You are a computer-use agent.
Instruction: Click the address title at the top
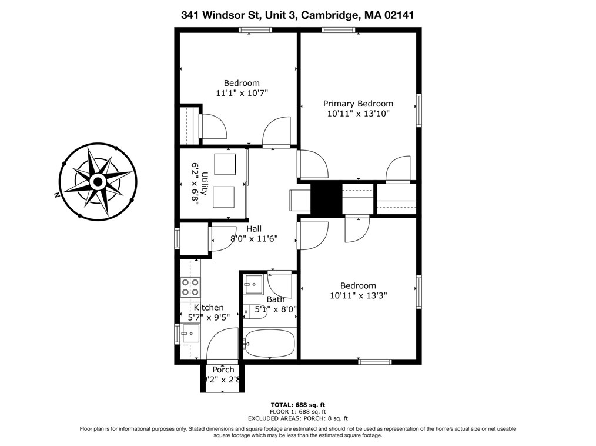coord(297,15)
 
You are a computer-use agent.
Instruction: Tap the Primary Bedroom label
coord(358,104)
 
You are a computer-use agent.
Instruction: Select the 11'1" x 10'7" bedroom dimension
coord(242,93)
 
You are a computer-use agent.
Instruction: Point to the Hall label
coord(254,228)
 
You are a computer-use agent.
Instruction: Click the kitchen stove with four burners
coord(190,287)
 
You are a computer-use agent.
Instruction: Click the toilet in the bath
coord(256,311)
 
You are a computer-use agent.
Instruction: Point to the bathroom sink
coord(253,284)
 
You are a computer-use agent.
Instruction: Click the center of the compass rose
coord(97,182)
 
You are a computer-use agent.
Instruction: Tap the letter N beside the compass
coord(57,195)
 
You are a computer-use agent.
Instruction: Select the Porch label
coord(223,370)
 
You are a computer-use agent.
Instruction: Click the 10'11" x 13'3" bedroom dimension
coord(358,296)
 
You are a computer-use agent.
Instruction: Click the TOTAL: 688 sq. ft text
coord(297,405)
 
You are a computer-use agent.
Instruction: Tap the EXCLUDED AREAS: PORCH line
coord(297,418)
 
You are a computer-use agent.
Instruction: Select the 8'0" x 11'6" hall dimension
coord(254,239)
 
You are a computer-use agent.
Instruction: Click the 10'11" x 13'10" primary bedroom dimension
coord(358,114)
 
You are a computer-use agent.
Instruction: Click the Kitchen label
coord(209,307)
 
